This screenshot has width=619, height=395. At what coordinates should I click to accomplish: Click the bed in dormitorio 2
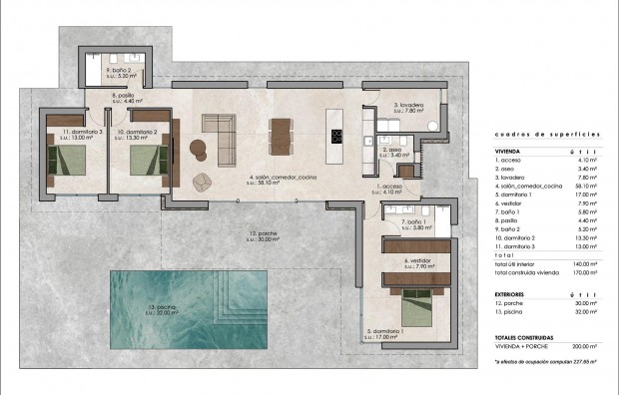click(145, 158)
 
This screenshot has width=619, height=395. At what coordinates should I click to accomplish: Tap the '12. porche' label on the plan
click(265, 236)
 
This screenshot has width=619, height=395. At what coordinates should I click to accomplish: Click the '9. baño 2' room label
click(122, 70)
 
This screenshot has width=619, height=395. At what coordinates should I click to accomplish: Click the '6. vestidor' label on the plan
click(417, 263)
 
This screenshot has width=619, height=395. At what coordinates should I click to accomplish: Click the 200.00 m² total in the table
click(586, 346)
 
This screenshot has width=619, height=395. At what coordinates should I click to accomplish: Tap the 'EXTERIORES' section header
click(511, 295)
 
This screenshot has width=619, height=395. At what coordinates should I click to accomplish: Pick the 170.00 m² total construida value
click(586, 271)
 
